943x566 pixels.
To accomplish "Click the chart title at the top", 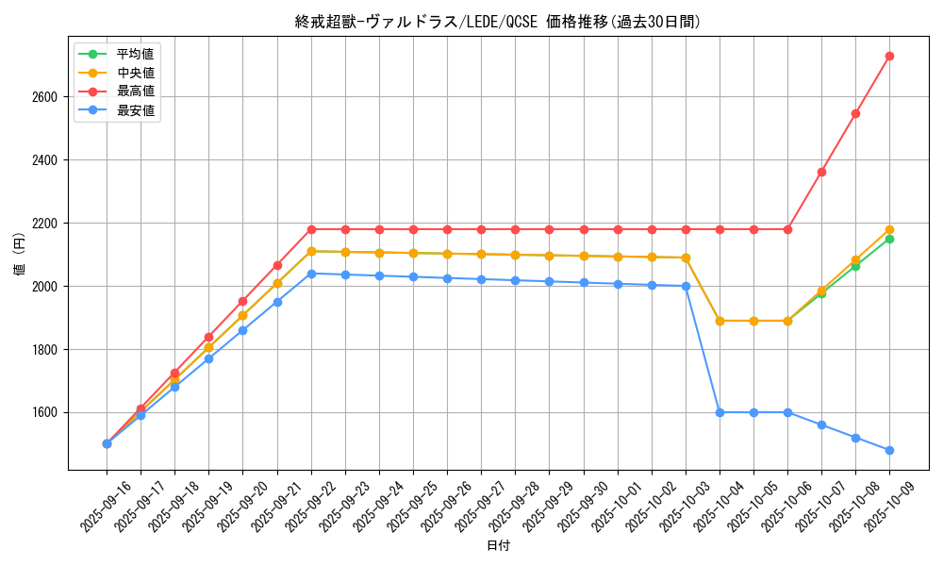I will point(498,22).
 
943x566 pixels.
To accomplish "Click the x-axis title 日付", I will point(498,546).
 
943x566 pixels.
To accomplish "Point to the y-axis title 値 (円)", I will point(20,255).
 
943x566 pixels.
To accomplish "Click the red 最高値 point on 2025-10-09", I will point(889,56).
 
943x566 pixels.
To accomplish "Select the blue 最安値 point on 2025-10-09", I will point(889,450).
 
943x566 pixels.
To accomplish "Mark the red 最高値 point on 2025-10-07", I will point(821,172).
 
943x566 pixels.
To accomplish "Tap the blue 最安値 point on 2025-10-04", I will point(720,412).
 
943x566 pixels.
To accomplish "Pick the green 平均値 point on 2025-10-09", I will point(889,239).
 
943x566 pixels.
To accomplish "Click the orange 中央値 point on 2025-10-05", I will point(753,321).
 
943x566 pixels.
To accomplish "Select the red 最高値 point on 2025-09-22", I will point(311,229).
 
